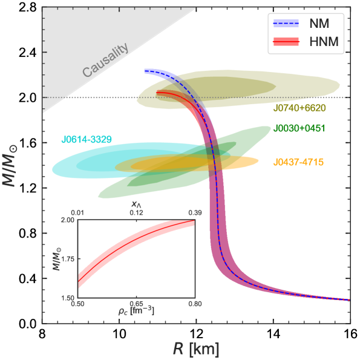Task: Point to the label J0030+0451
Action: pyautogui.click(x=299, y=128)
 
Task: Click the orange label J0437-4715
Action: pyautogui.click(x=298, y=162)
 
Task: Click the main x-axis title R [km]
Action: pyautogui.click(x=195, y=349)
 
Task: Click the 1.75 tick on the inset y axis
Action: pyautogui.click(x=68, y=259)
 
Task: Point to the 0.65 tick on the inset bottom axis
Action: pyautogui.click(x=137, y=304)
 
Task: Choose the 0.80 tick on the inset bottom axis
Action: pyautogui.click(x=195, y=304)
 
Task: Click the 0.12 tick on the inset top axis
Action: pyautogui.click(x=137, y=213)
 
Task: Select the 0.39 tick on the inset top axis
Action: pyautogui.click(x=195, y=213)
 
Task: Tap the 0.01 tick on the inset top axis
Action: pyautogui.click(x=78, y=213)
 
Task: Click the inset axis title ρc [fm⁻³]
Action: pyautogui.click(x=137, y=311)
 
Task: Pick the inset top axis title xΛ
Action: pyautogui.click(x=137, y=205)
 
